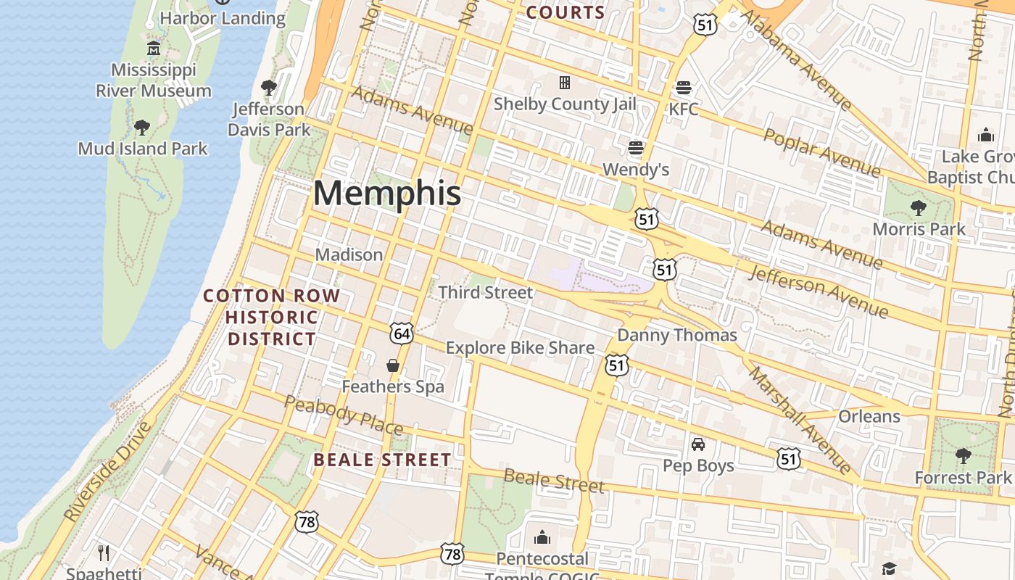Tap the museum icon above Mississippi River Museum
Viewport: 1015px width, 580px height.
pos(154,49)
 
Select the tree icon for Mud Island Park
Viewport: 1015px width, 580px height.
pos(142,128)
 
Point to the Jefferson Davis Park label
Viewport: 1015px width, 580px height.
pos(269,120)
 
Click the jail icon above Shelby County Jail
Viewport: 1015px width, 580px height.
pos(564,83)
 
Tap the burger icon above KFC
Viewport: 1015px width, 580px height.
pos(683,88)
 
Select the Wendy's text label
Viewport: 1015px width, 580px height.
pos(636,170)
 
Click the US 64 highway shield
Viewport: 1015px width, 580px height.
pos(402,333)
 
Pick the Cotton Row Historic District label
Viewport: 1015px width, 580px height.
pos(271,317)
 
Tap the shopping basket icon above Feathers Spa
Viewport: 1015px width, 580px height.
pos(393,365)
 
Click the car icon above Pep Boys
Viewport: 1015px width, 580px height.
pos(698,444)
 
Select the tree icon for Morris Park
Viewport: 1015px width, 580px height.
pos(919,208)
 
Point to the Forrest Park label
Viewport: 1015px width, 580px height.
pos(962,478)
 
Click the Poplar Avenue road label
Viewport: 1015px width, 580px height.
pos(822,153)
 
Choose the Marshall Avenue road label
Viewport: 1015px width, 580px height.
pos(800,420)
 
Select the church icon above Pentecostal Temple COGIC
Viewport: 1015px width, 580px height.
pos(542,537)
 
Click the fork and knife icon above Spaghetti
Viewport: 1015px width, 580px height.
pos(104,553)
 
